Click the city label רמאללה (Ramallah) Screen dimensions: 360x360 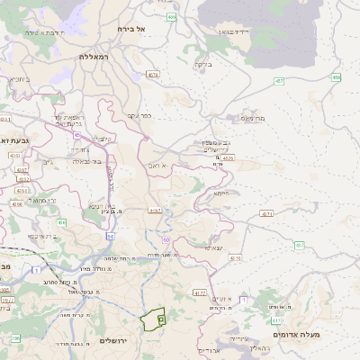click(x=94, y=56)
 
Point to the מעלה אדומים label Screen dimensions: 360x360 click(x=326, y=334)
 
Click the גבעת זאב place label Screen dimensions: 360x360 click(x=15, y=140)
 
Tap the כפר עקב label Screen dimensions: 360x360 click(x=164, y=114)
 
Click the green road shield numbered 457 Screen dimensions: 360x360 click(x=278, y=81)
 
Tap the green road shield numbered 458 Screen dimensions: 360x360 click(x=336, y=78)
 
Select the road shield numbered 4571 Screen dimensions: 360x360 click(x=266, y=213)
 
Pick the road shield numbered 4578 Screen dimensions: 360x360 click(x=153, y=75)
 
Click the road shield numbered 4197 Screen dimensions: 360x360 click(x=156, y=211)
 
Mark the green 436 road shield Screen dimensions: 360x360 click(x=61, y=222)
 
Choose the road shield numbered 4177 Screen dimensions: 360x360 click(x=201, y=292)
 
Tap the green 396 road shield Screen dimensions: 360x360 click(x=14, y=337)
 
